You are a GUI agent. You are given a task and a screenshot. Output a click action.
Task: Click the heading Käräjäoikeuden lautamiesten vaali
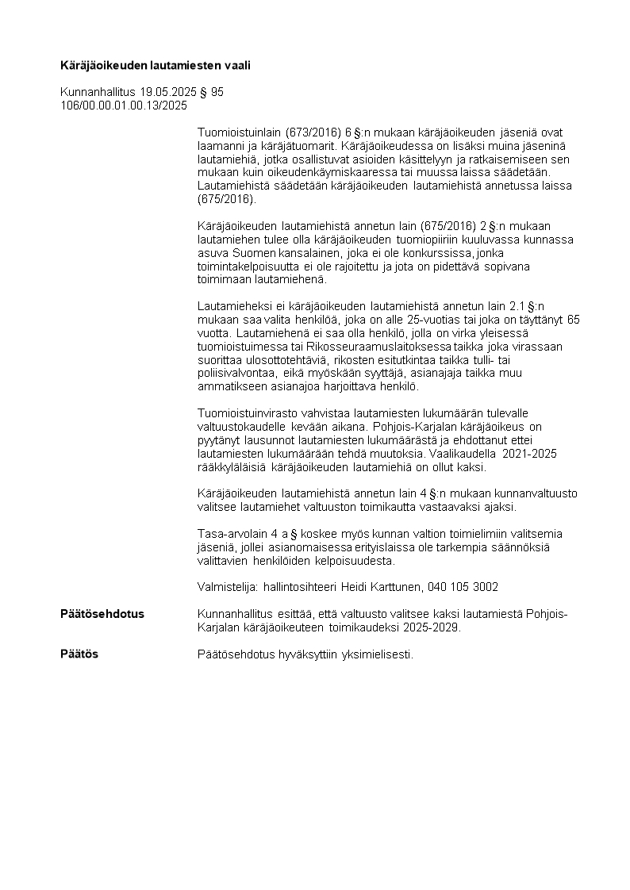coord(156,66)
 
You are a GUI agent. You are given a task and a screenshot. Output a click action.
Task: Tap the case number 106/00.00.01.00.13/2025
coord(124,105)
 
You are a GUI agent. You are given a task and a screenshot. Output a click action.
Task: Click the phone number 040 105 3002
coord(463,587)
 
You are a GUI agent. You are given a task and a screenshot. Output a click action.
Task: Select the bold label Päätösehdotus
coord(102,614)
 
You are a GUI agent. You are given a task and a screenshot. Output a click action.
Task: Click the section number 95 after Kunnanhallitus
coord(217,92)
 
